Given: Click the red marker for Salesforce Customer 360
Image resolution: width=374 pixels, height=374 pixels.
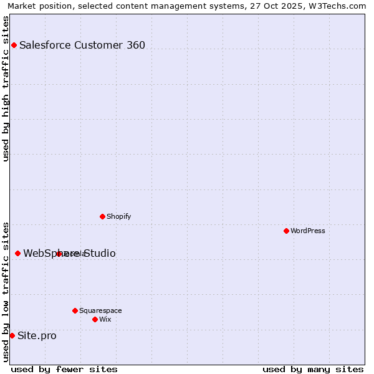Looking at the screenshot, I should coord(14,45).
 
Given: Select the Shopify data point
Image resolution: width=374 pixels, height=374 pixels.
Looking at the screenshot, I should coord(102,216).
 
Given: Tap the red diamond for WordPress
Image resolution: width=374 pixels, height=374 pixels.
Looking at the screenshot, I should coord(286,231).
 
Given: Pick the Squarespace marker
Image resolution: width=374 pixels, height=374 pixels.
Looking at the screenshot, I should coord(75,310).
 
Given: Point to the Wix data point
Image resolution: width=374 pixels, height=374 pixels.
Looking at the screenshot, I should coord(95,319).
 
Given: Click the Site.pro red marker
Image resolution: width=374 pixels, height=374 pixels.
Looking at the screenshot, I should coord(12,335).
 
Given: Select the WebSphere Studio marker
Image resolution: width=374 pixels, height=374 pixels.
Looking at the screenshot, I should coord(17,253).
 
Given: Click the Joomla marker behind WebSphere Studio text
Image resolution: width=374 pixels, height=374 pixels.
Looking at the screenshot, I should coord(59,254).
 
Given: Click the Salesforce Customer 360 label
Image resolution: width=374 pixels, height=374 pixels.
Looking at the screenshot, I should coord(82,45).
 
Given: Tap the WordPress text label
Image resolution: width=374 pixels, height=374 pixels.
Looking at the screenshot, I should coord(308,231).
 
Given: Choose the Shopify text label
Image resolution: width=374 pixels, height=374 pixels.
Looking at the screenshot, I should coord(119,216).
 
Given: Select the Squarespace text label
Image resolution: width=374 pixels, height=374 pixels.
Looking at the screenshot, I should coord(100,310).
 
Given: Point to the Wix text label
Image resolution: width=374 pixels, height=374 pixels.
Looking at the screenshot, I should coord(105,319).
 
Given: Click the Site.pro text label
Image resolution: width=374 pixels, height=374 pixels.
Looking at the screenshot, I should coord(37,336).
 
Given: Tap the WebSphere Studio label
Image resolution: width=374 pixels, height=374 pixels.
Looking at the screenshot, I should coord(69,254).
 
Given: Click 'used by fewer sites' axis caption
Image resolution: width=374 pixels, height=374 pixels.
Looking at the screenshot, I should coord(64,369).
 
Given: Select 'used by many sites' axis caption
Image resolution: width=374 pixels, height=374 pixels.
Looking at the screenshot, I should coord(313,369).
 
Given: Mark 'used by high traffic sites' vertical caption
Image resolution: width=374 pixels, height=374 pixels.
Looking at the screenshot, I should coord(6,89).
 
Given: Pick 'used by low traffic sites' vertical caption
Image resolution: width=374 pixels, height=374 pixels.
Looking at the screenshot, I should coord(6,292).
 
